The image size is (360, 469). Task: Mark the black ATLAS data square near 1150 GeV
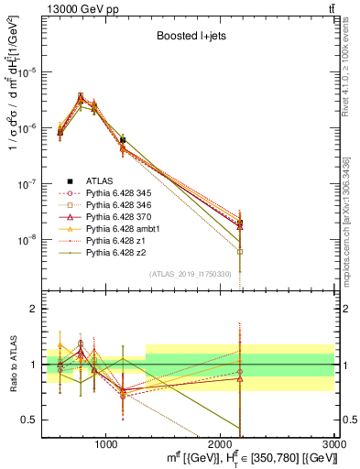(x=123, y=140)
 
